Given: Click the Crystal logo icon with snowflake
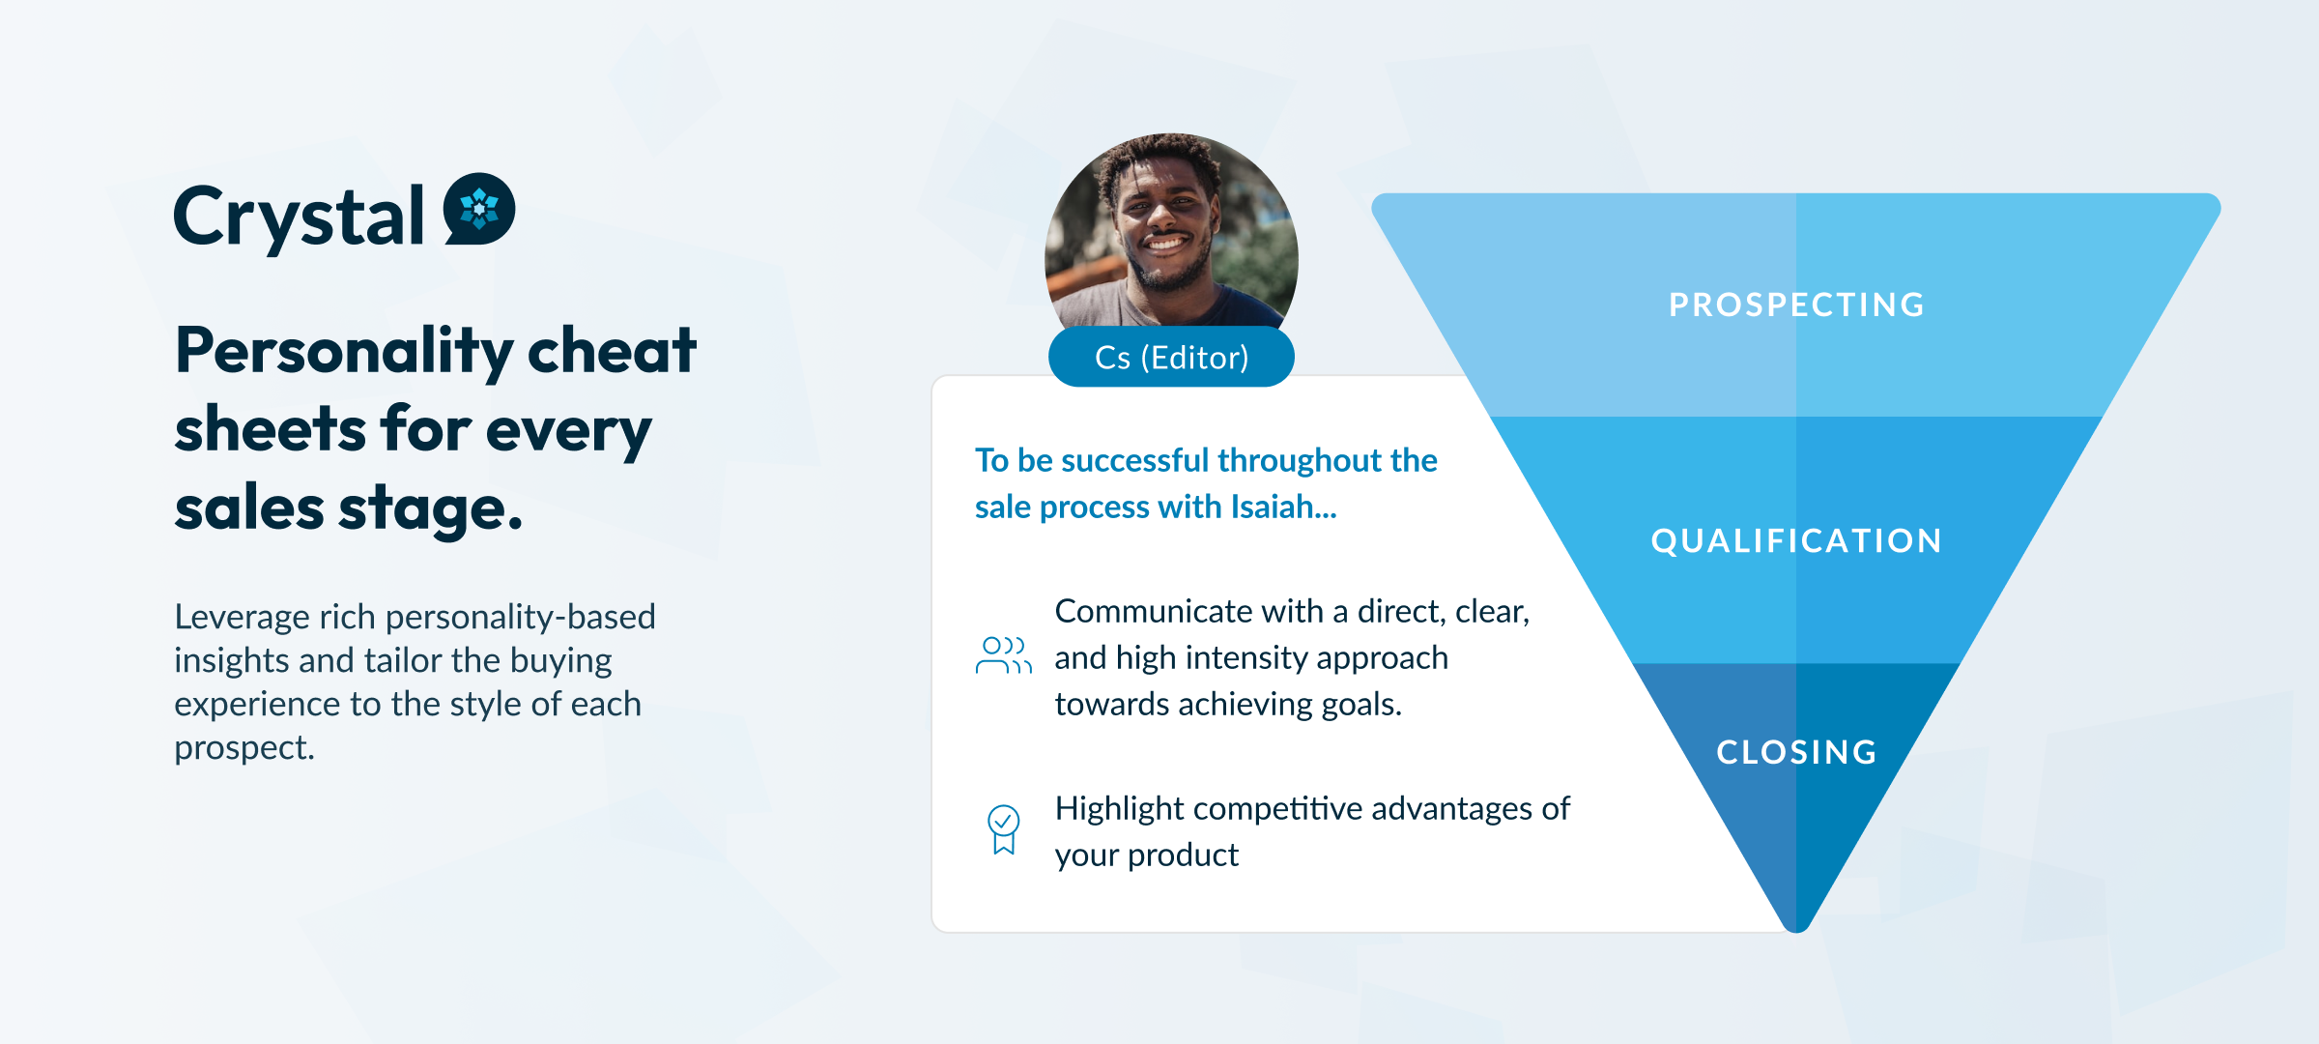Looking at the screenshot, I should coord(479,209).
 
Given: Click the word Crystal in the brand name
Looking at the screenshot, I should coord(299,217).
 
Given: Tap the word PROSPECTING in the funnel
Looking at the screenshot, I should coord(1796,304).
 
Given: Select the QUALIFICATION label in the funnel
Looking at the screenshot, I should coord(1796,540).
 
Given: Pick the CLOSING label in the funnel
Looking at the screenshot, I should coord(1796,752).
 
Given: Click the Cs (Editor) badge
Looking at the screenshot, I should coord(1171,358).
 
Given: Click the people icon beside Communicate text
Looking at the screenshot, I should coord(1003,655).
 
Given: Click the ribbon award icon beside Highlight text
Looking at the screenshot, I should coord(1003,829).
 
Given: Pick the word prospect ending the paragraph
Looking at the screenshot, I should coord(242,748).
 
